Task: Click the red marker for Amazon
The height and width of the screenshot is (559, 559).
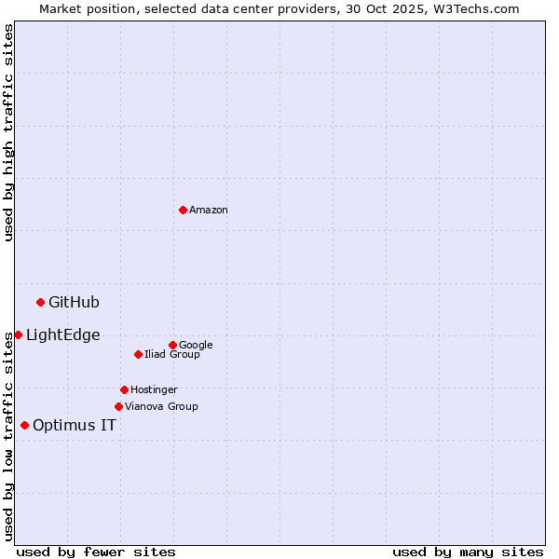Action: click(x=183, y=210)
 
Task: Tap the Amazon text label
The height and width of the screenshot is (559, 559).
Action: click(x=209, y=211)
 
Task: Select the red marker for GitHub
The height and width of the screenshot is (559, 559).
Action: click(x=40, y=302)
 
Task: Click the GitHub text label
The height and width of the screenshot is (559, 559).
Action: click(x=74, y=302)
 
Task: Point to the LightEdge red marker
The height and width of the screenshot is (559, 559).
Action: click(x=18, y=334)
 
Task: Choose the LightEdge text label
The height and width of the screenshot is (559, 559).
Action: click(x=62, y=335)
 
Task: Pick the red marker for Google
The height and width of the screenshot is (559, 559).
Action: click(x=172, y=345)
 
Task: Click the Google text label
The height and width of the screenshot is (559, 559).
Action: click(x=196, y=346)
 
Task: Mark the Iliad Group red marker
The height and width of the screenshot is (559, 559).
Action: click(x=138, y=354)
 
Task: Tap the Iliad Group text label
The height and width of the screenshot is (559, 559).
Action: click(x=172, y=355)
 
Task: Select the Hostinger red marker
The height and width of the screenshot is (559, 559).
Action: click(x=124, y=389)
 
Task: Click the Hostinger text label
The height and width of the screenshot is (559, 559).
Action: click(x=154, y=390)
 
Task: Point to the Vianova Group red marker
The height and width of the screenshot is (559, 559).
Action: click(x=118, y=406)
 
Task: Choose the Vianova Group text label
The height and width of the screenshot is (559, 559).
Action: click(x=161, y=407)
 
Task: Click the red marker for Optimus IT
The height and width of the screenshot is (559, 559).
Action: click(x=24, y=425)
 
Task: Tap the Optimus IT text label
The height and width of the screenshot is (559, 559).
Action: click(x=75, y=426)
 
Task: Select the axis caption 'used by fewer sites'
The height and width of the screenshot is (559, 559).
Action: click(x=96, y=552)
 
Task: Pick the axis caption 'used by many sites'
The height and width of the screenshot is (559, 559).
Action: click(x=468, y=552)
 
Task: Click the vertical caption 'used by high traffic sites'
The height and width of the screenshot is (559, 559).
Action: click(x=8, y=132)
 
